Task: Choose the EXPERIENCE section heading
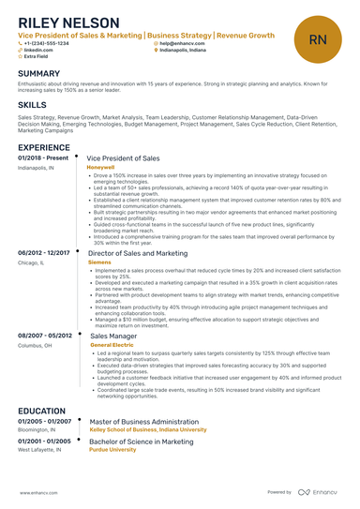(43, 147)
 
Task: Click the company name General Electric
(113, 345)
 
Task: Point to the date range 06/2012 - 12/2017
(44, 253)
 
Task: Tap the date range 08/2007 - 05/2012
(44, 336)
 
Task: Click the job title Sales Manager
(112, 336)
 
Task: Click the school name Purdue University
(111, 449)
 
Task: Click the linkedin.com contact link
(37, 50)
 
